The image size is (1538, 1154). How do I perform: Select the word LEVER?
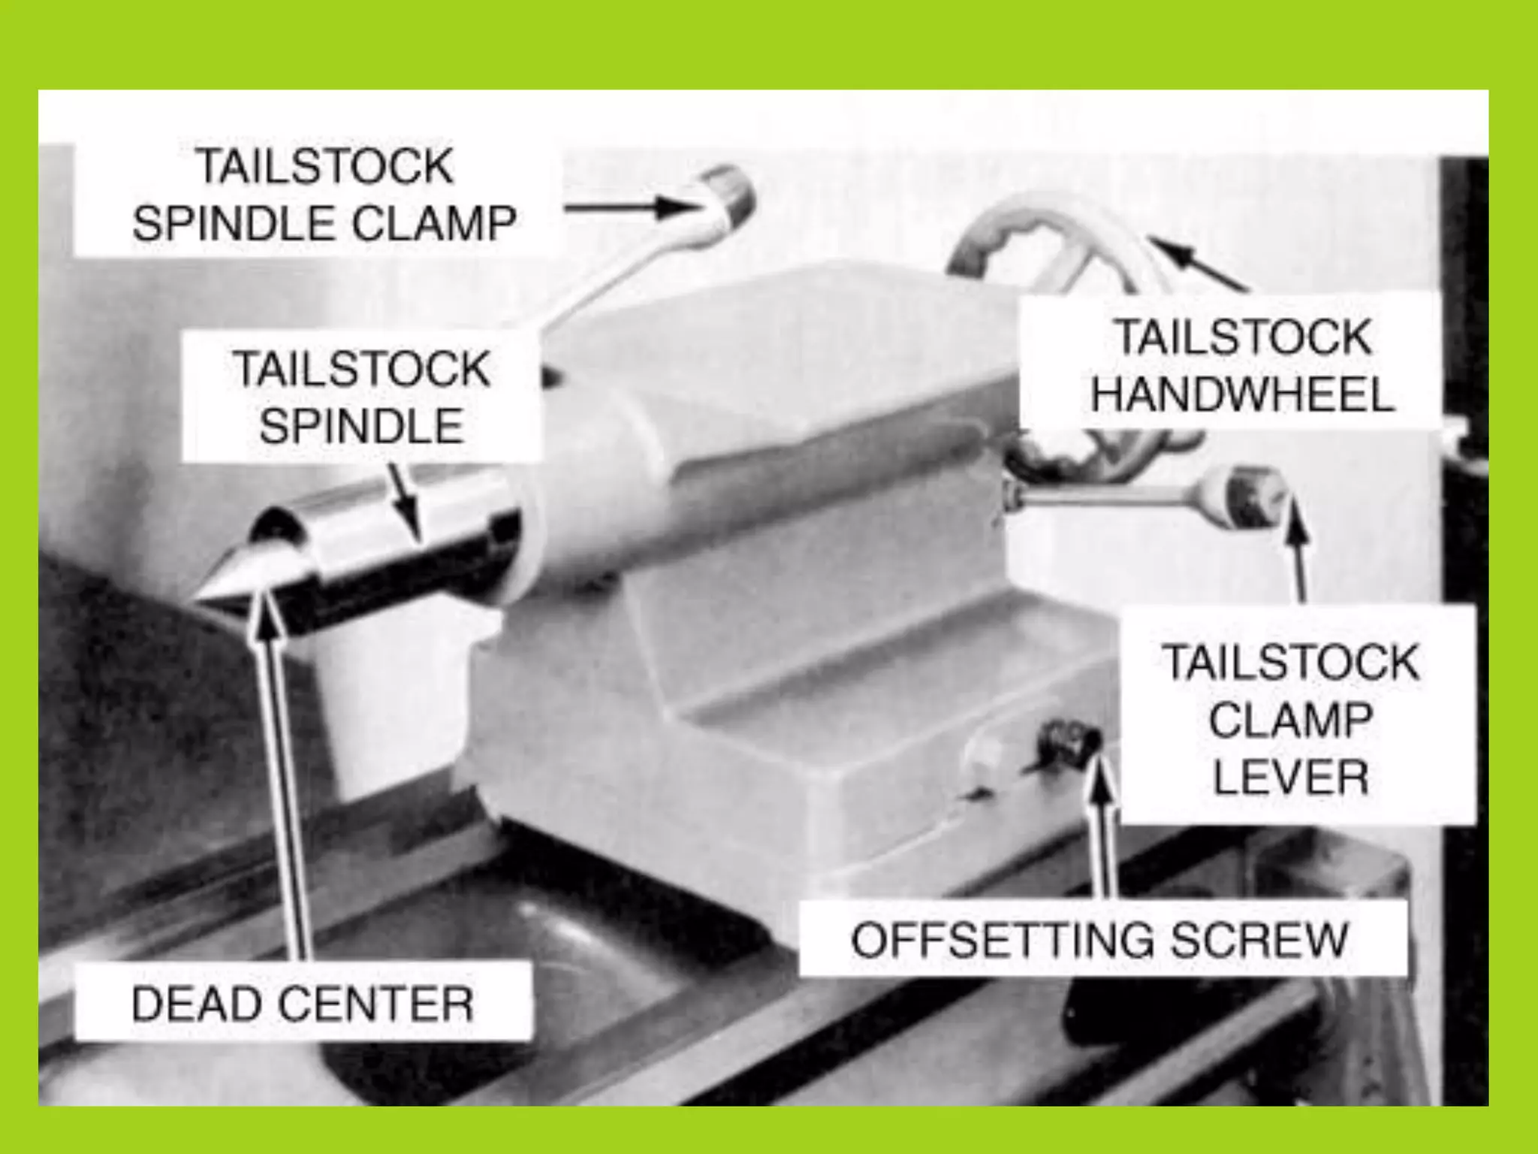(x=1290, y=777)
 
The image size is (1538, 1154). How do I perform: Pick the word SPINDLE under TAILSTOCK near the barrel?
(x=360, y=426)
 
